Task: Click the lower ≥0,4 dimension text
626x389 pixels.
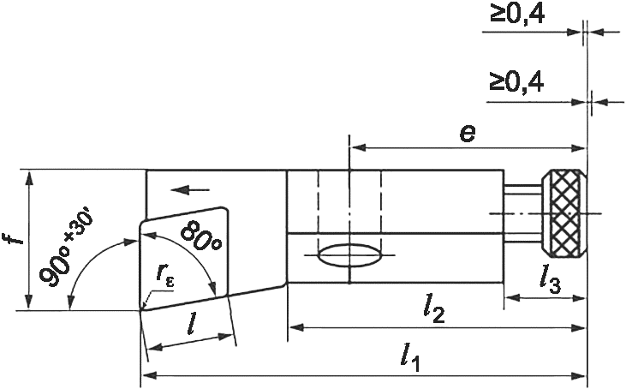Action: (516, 82)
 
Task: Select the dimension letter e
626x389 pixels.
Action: (468, 133)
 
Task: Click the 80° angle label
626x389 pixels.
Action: (200, 236)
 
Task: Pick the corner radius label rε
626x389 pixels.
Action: (165, 274)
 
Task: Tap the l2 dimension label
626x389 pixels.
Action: (434, 311)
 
